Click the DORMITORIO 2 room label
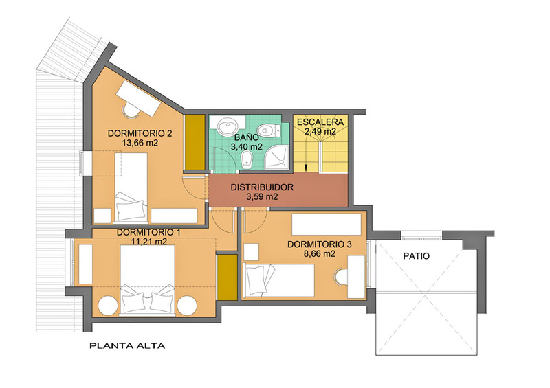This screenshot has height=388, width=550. click(140, 133)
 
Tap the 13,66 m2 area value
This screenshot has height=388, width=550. click(140, 143)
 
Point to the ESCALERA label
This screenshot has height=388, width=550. click(320, 122)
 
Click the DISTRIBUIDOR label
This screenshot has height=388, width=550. click(262, 187)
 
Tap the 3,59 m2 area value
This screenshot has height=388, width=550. click(262, 197)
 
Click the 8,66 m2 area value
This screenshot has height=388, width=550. click(319, 254)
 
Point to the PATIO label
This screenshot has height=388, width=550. click(417, 256)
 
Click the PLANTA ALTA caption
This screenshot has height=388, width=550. click(127, 346)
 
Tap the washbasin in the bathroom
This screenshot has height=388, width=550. click(227, 126)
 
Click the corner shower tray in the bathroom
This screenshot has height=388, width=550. click(277, 157)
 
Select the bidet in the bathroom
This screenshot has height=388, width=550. click(247, 159)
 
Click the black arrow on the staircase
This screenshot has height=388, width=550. click(306, 168)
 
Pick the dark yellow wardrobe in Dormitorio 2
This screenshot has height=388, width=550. click(195, 142)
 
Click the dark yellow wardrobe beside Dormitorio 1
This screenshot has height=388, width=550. click(228, 277)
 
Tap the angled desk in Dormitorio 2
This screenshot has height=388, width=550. click(139, 99)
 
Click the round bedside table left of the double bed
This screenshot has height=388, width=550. click(108, 306)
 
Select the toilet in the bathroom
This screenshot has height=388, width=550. click(269, 130)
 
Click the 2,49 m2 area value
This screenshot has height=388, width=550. click(320, 132)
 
